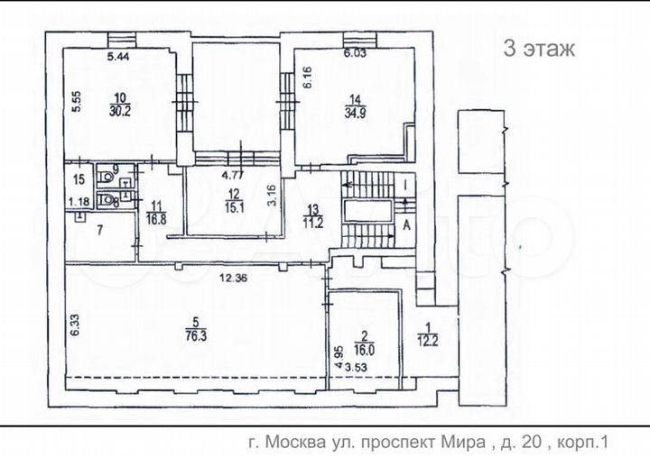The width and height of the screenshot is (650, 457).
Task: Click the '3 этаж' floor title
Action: [x=538, y=49]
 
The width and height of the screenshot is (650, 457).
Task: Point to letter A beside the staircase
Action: [x=408, y=227]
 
